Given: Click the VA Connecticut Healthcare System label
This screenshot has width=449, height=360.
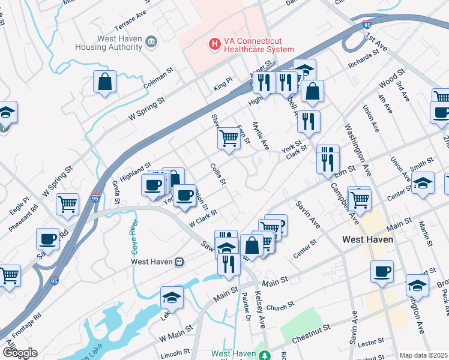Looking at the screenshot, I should click(x=259, y=45).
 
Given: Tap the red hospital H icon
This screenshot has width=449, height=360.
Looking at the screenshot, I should click(x=212, y=44).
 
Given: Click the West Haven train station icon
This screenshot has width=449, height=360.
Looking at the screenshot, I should click(x=179, y=262).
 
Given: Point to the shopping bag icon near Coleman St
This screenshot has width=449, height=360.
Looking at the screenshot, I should click(x=104, y=82).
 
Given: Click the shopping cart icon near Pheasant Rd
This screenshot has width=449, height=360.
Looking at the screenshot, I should click(x=67, y=203).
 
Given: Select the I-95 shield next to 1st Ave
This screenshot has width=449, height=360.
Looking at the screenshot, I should click(x=367, y=25).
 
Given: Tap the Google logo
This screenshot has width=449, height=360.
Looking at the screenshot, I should click(x=19, y=352).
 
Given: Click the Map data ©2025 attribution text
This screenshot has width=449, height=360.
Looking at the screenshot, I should click(x=423, y=355).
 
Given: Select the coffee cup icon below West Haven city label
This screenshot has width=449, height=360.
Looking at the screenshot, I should click(x=382, y=271).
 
